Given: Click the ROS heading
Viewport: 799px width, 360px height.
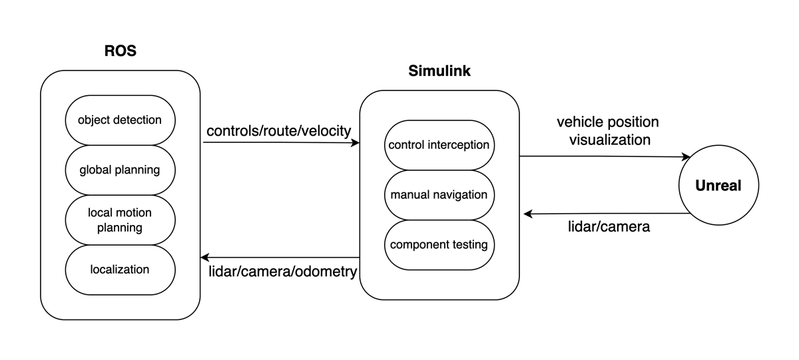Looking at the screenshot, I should pyautogui.click(x=120, y=51).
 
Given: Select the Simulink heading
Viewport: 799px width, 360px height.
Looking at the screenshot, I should pyautogui.click(x=439, y=71).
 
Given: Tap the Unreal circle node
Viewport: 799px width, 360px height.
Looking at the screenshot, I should pyautogui.click(x=718, y=186).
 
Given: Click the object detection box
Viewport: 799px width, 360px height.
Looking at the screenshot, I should pyautogui.click(x=120, y=120).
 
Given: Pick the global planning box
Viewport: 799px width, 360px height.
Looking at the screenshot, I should pyautogui.click(x=120, y=170).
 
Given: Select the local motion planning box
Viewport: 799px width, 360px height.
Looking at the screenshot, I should pyautogui.click(x=120, y=220).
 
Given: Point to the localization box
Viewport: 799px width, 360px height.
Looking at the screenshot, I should pyautogui.click(x=120, y=270).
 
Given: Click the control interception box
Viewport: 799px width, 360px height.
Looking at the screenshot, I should pyautogui.click(x=439, y=145).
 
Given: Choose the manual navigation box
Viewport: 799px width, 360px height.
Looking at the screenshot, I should pyautogui.click(x=439, y=195).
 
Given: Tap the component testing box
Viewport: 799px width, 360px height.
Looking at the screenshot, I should pyautogui.click(x=439, y=245).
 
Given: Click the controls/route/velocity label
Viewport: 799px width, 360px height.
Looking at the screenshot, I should pyautogui.click(x=278, y=130).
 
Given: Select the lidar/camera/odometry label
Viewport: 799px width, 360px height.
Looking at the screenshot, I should pyautogui.click(x=282, y=271).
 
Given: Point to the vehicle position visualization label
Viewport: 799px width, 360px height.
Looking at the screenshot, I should pyautogui.click(x=607, y=131).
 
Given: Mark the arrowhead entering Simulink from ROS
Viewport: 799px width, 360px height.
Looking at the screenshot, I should pyautogui.click(x=356, y=142).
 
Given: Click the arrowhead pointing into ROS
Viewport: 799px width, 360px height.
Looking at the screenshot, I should pyautogui.click(x=205, y=258).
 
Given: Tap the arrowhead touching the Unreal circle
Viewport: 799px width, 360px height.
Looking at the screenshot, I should pyautogui.click(x=686, y=158).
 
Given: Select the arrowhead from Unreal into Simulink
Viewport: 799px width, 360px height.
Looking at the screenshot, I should pyautogui.click(x=528, y=214).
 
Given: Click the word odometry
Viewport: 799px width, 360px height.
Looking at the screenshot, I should pyautogui.click(x=328, y=271).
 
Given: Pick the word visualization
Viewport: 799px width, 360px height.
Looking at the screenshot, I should pyautogui.click(x=607, y=140).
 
